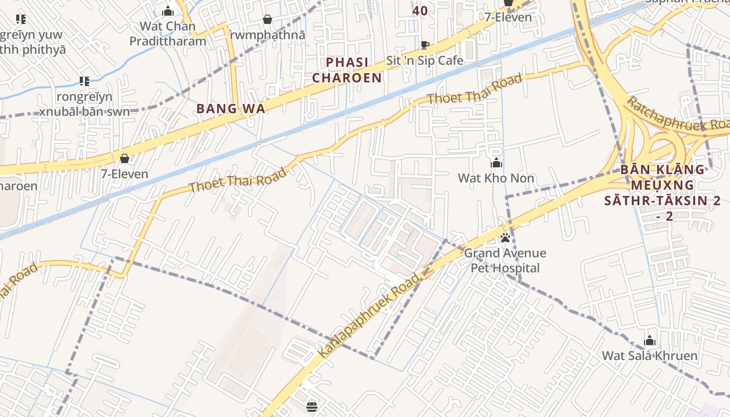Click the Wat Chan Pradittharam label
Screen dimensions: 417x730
[x=168, y=33]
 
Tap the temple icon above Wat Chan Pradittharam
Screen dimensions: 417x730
[x=168, y=11]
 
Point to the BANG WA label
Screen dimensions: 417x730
[x=230, y=108]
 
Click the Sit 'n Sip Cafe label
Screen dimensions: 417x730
[x=424, y=60]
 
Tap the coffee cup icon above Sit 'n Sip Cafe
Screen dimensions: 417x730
[x=424, y=45]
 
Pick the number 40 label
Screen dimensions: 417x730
[x=420, y=10]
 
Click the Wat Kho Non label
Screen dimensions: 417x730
[x=496, y=178]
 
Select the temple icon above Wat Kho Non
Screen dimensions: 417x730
[x=496, y=163]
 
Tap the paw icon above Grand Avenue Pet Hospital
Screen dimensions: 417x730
[x=505, y=238]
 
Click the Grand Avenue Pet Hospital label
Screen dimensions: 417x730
[x=505, y=261]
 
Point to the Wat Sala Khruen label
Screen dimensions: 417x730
[x=650, y=356]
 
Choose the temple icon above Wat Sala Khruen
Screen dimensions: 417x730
[x=650, y=341]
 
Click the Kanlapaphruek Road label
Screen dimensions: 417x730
[x=369, y=316]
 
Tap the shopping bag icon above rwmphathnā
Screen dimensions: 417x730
[x=267, y=19]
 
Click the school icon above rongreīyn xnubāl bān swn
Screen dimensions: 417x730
[x=84, y=81]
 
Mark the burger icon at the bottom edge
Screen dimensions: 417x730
[x=312, y=407]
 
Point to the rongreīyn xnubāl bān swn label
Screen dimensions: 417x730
[x=84, y=104]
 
